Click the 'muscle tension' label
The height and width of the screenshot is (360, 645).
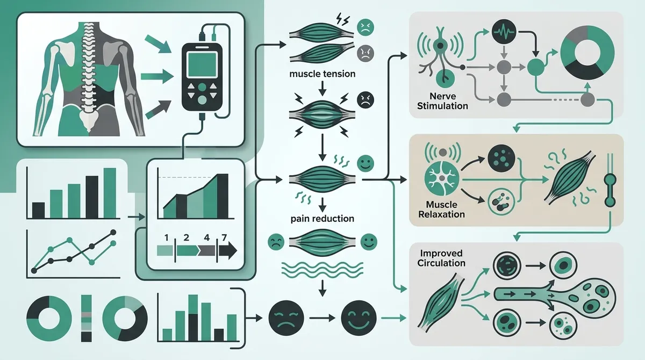(x=322, y=74)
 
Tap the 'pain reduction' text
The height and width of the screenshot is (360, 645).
(x=322, y=219)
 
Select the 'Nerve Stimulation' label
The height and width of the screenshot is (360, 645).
(x=442, y=102)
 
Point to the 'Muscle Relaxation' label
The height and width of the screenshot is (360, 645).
(x=445, y=210)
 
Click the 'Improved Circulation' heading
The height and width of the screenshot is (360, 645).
(x=441, y=258)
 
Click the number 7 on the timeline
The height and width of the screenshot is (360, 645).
(x=223, y=236)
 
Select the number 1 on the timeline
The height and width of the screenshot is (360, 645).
(x=167, y=236)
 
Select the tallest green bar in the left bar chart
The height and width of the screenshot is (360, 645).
(x=110, y=191)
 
